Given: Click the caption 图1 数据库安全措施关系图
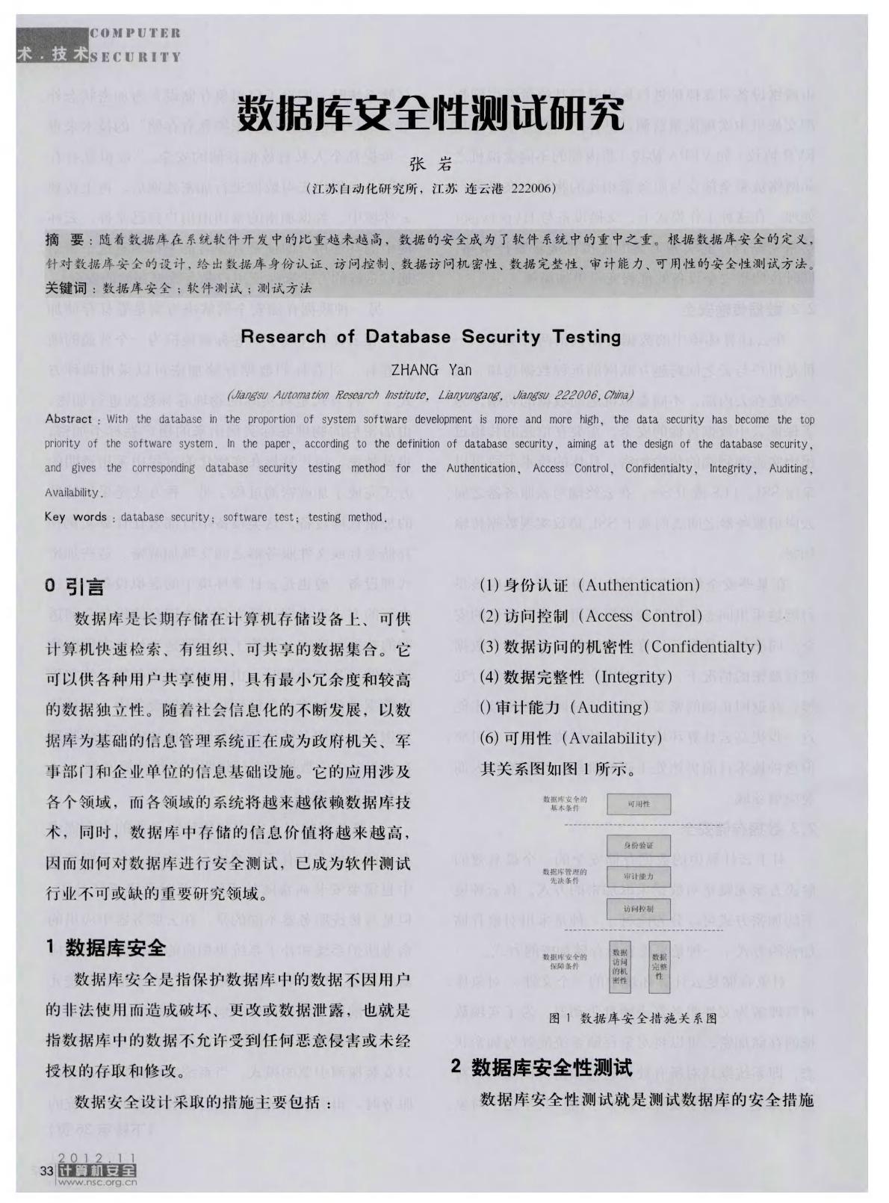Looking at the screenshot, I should [x=632, y=1018].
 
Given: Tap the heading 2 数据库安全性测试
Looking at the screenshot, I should [x=542, y=1067].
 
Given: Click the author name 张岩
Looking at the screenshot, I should [x=431, y=165].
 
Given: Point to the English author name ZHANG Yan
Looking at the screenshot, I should [x=431, y=370].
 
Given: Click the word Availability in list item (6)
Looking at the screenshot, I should [x=615, y=738].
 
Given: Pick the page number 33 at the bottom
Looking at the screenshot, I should [x=49, y=1171].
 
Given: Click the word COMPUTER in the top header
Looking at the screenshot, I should [x=135, y=33].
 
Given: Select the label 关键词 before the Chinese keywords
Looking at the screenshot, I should [x=66, y=288].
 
